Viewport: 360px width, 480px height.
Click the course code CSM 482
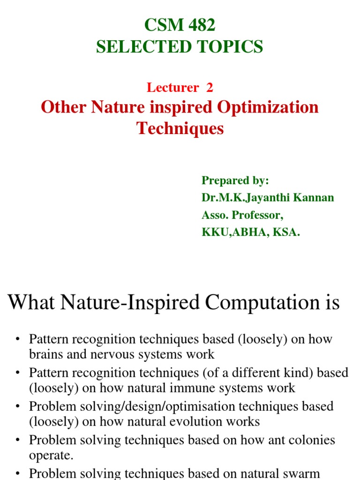(180, 26)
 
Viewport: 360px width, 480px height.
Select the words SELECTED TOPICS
(180, 47)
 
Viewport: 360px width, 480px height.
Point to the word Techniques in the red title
(180, 128)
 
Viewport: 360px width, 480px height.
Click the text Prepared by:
(235, 180)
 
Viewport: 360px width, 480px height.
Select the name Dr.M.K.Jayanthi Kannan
(268, 197)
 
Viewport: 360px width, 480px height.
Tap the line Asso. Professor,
(243, 215)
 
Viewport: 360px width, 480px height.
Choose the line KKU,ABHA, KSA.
(250, 232)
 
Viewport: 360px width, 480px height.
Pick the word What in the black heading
(30, 303)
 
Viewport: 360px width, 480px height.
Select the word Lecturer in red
(172, 87)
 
